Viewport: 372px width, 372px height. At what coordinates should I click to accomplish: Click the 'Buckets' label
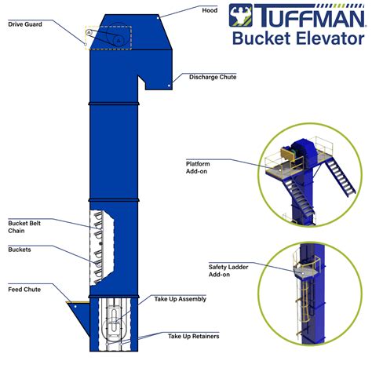click(x=20, y=250)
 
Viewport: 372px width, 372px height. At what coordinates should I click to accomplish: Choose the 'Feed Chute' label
click(x=24, y=290)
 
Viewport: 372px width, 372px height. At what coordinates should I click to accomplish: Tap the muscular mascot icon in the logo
click(x=239, y=15)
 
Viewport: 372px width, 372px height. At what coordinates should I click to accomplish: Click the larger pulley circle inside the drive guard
click(x=116, y=38)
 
